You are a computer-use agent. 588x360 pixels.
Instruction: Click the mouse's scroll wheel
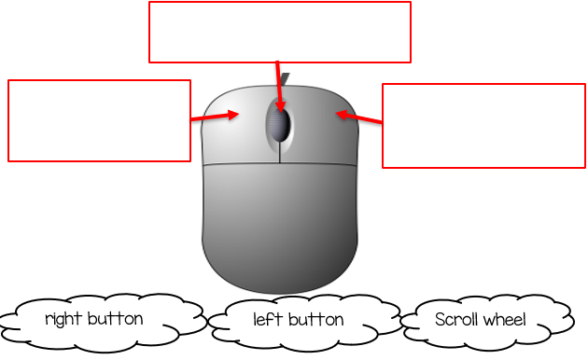[x=279, y=121]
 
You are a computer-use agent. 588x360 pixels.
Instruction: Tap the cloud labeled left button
[x=299, y=320]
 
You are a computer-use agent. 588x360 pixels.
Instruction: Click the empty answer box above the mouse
[x=280, y=32]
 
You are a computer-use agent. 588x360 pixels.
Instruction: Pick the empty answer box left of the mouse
[x=99, y=120]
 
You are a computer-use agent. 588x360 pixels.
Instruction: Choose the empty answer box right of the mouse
[x=483, y=126]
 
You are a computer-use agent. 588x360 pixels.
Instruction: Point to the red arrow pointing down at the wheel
[x=278, y=84]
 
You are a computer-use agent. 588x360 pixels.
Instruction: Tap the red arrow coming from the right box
[x=359, y=118]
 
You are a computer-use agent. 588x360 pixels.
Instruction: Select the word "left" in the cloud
[x=268, y=319]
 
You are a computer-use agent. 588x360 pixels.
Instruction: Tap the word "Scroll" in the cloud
[x=456, y=319]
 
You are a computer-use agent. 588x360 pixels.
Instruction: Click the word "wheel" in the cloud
[x=504, y=319]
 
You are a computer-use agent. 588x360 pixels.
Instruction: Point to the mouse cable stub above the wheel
[x=286, y=79]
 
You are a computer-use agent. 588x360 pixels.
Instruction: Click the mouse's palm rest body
[x=280, y=224]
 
